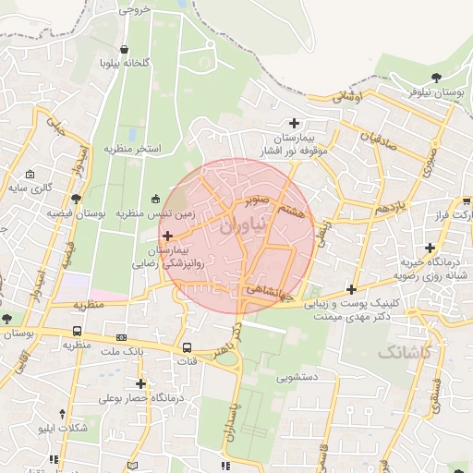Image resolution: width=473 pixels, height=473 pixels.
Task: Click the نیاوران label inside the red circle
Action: coord(243,224)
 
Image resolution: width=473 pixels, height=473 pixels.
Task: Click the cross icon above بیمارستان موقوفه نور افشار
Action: coord(294,123)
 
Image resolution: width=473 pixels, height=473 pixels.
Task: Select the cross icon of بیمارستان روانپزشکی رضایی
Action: coord(167,236)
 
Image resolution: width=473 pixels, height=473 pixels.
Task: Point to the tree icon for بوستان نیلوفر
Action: coord(437,79)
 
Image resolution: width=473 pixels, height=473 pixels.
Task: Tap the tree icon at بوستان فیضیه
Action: coord(76,199)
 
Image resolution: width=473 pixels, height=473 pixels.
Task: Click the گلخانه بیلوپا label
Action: coord(124,65)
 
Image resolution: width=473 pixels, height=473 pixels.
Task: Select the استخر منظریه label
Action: coord(132,148)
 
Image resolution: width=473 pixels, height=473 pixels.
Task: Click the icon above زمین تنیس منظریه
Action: coord(154,198)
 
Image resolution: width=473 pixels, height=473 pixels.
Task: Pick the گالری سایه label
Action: coord(30,188)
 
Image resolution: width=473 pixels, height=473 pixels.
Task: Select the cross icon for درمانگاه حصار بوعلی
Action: coord(140,383)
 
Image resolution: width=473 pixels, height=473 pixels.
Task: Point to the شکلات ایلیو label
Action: coord(64,429)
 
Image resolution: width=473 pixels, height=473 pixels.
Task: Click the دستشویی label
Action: coord(297,377)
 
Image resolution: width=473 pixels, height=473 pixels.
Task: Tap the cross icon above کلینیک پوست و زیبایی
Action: coord(351,289)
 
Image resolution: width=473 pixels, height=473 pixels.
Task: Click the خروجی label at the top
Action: coord(133,11)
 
